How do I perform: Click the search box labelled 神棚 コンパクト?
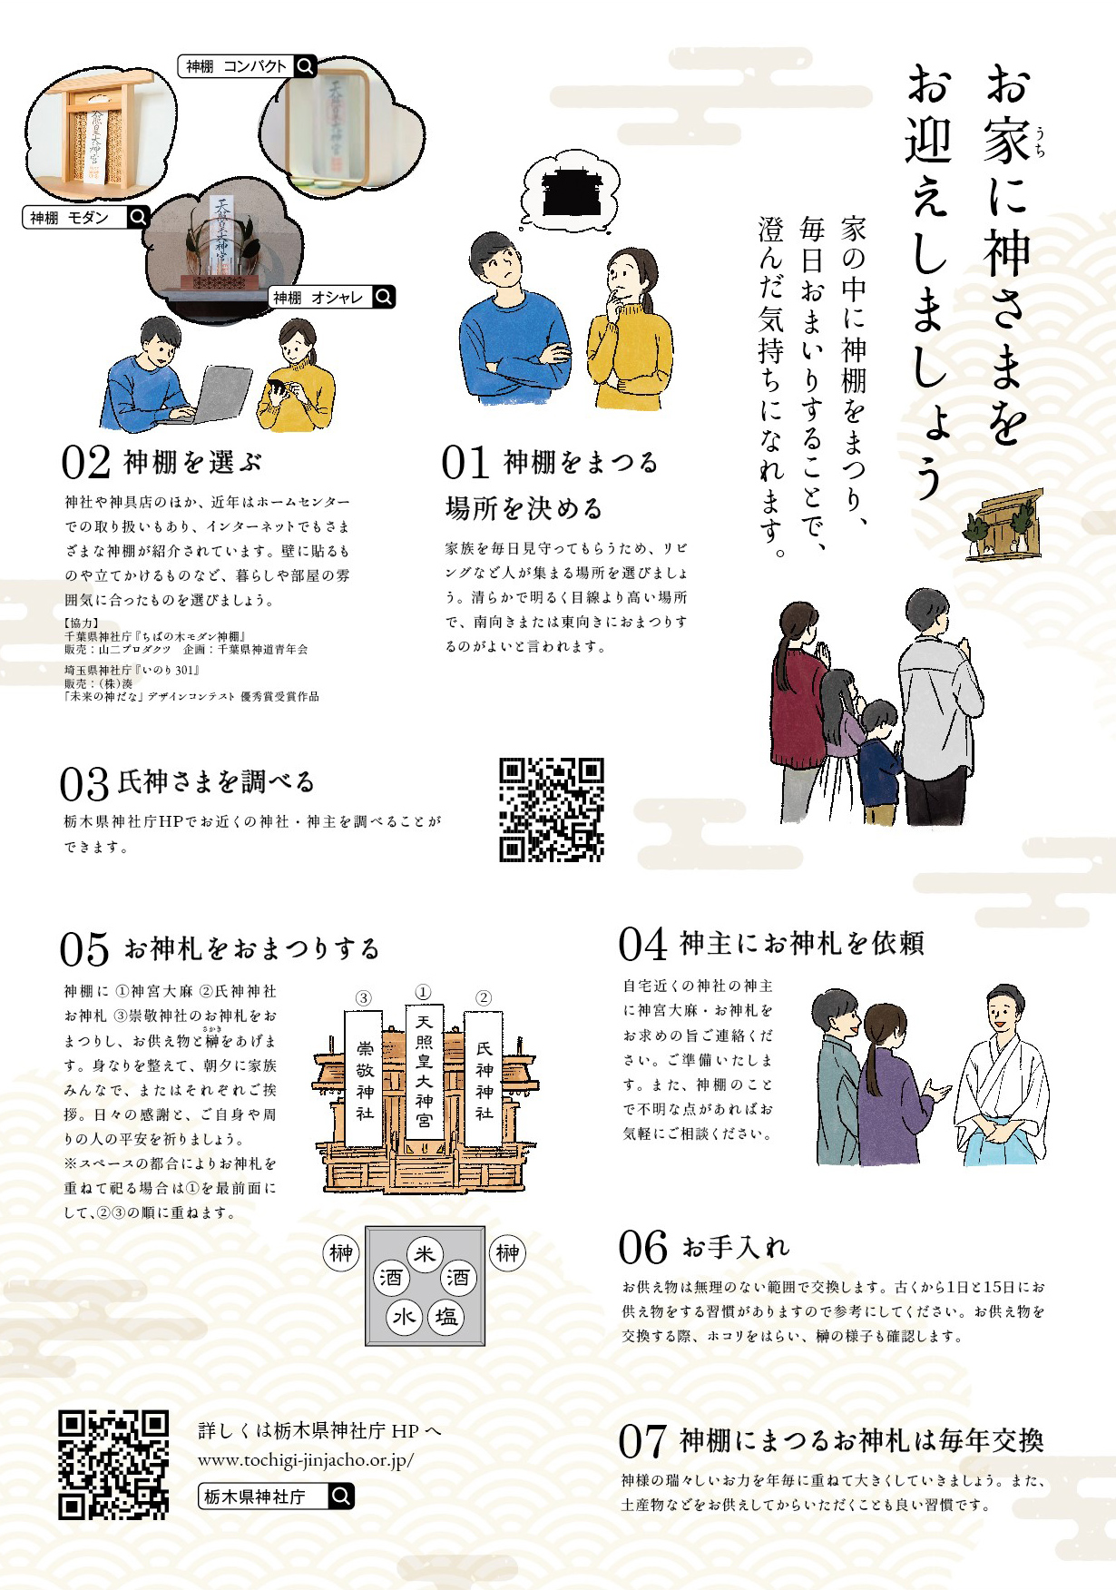point(247,66)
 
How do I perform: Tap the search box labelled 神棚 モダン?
point(85,217)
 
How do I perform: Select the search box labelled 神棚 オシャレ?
point(332,297)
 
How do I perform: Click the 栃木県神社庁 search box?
point(276,1496)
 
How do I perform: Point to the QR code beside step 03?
point(552,810)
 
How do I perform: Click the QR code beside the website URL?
point(113,1465)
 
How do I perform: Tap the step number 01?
point(465,463)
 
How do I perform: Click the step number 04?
point(643,944)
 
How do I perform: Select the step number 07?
point(643,1441)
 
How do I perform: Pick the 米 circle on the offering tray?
point(425,1254)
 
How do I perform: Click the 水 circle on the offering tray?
point(404,1317)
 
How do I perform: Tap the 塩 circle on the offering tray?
point(445,1317)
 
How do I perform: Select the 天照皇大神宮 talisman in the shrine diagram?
point(424,1072)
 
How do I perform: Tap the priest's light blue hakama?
point(999,1144)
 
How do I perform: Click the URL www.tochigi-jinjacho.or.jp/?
point(306,1460)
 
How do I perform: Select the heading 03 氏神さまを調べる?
point(188,782)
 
